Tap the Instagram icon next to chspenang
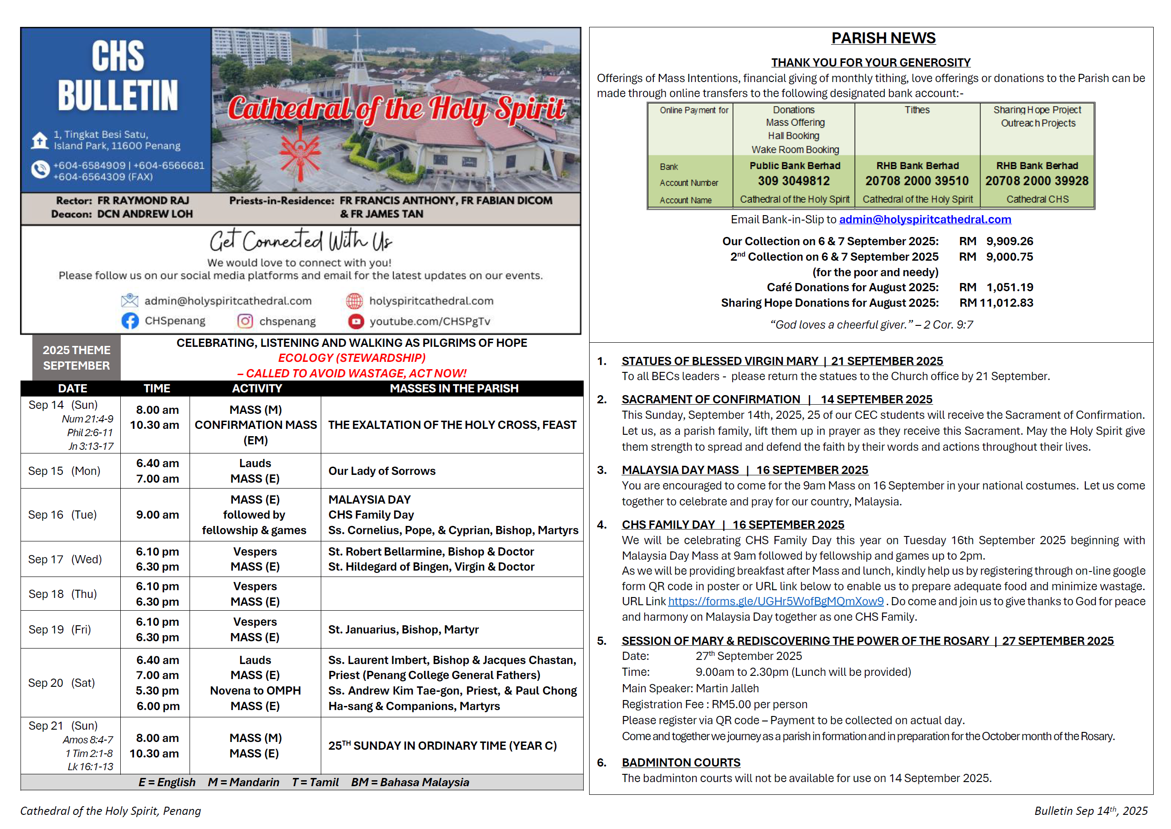[x=245, y=321]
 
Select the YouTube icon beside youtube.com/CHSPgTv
[x=356, y=321]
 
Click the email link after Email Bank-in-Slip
[x=924, y=220]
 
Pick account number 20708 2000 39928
[x=1036, y=181]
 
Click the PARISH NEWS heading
[x=883, y=38]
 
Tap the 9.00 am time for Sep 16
[x=157, y=515]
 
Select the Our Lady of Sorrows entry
[x=382, y=471]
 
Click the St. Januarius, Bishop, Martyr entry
[x=403, y=629]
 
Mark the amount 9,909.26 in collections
[x=1009, y=242]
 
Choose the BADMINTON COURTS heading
[x=681, y=762]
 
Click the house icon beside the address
[x=40, y=140]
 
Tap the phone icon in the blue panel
[x=40, y=170]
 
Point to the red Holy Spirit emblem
[x=301, y=153]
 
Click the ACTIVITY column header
[x=257, y=388]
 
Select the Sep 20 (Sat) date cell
[x=61, y=683]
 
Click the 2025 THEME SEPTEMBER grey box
[x=76, y=358]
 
